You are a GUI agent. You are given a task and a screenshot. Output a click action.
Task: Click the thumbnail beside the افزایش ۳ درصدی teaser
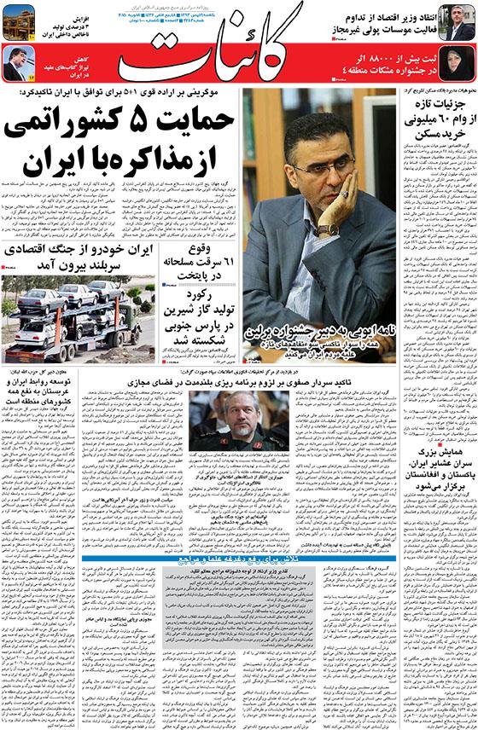18,21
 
